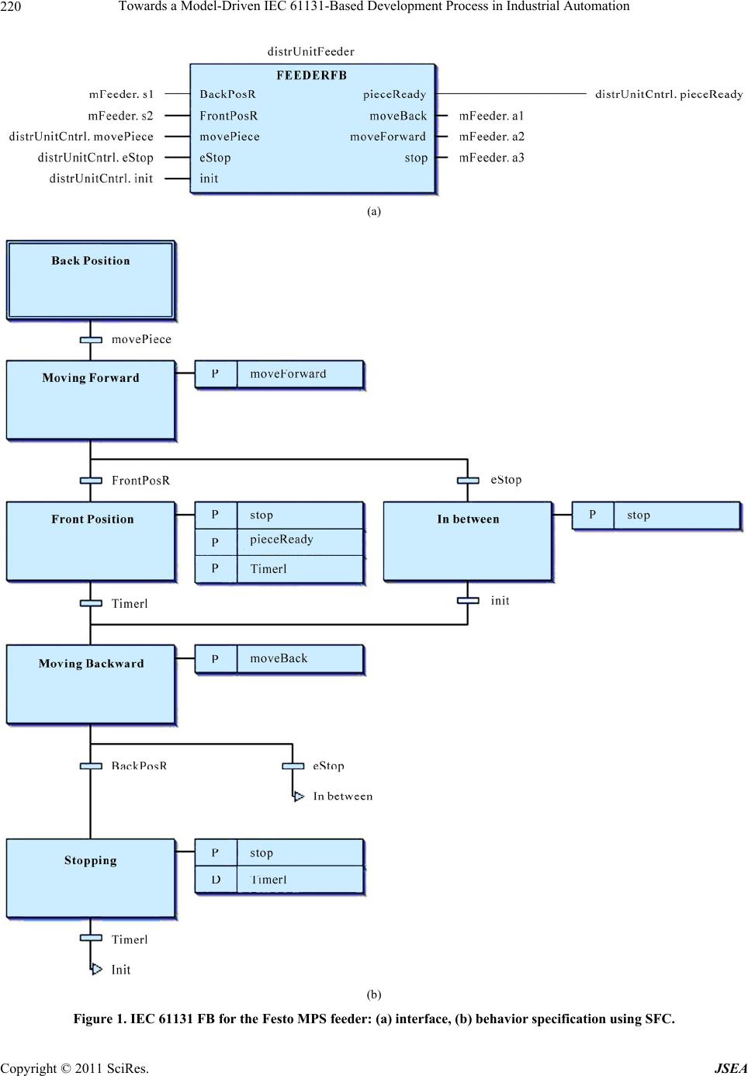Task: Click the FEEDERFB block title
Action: pyautogui.click(x=311, y=75)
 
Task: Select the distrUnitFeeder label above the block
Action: pyautogui.click(x=310, y=52)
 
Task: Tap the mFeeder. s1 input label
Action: pyautogui.click(x=121, y=94)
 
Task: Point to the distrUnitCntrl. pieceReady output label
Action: pyautogui.click(x=668, y=94)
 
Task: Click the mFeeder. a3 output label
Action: pyautogui.click(x=491, y=158)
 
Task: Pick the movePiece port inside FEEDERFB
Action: pyautogui.click(x=230, y=137)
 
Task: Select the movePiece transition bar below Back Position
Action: pyautogui.click(x=91, y=339)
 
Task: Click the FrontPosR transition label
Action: pyautogui.click(x=140, y=481)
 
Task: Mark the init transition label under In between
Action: pyautogui.click(x=500, y=601)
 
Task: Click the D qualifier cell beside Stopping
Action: pyautogui.click(x=216, y=880)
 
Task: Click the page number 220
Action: pyautogui.click(x=11, y=7)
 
